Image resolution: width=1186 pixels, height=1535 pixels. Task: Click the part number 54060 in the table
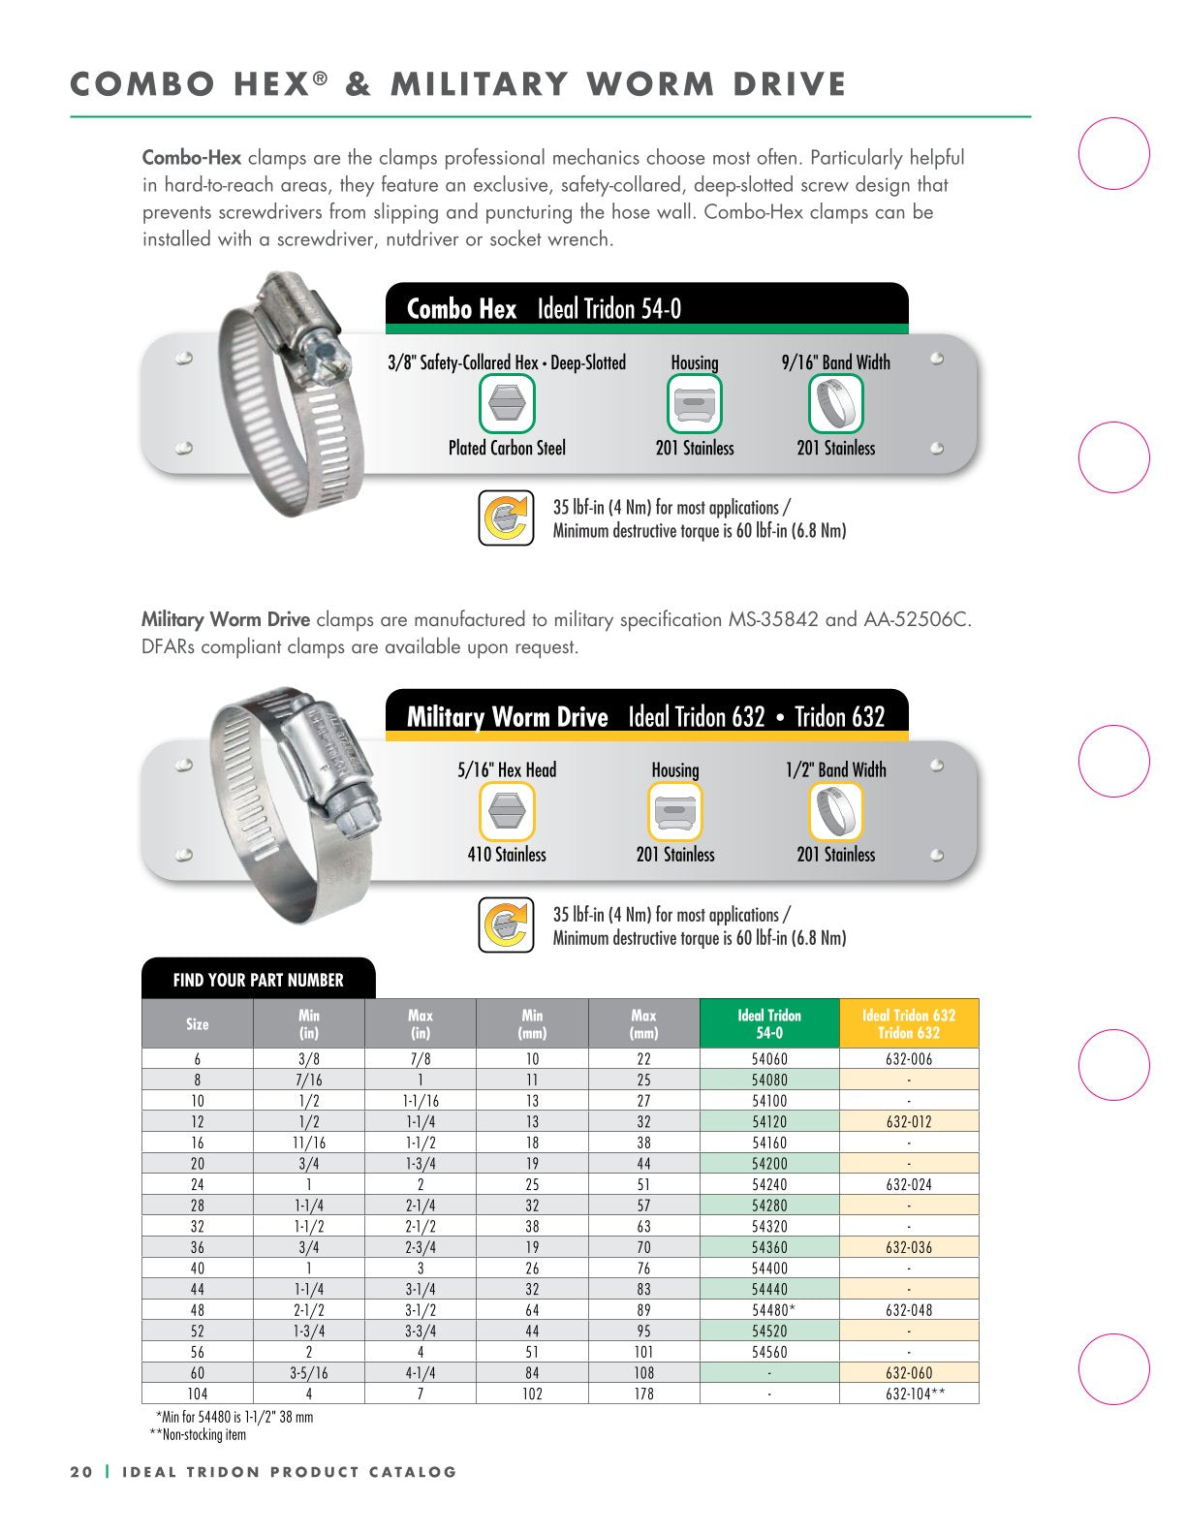tap(769, 1059)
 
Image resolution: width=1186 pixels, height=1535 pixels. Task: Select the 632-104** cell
tap(909, 1394)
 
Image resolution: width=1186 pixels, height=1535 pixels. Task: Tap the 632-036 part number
tap(909, 1247)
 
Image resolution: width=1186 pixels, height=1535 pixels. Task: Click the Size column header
tap(198, 1024)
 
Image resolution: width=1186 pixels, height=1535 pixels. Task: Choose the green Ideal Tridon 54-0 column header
tap(769, 1024)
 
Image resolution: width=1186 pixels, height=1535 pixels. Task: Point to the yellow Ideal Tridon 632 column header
tap(909, 1024)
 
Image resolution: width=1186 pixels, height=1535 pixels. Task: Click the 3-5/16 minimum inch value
tap(309, 1373)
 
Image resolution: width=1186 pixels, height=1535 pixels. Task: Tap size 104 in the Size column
tap(198, 1394)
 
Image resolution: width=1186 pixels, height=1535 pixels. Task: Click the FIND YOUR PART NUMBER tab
tap(258, 980)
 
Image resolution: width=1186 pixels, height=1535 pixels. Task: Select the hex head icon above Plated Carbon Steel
tap(507, 403)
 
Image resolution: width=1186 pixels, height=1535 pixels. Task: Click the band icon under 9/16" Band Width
tap(835, 403)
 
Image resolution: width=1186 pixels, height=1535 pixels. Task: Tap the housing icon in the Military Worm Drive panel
tap(675, 811)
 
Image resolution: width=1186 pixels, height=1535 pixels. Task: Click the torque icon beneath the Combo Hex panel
tap(506, 518)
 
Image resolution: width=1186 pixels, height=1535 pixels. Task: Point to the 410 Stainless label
tap(507, 855)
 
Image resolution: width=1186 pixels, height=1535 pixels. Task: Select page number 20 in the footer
tap(81, 1472)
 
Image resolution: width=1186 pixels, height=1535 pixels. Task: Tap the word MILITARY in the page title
tap(479, 84)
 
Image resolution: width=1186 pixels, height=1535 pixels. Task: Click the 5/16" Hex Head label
tap(507, 770)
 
